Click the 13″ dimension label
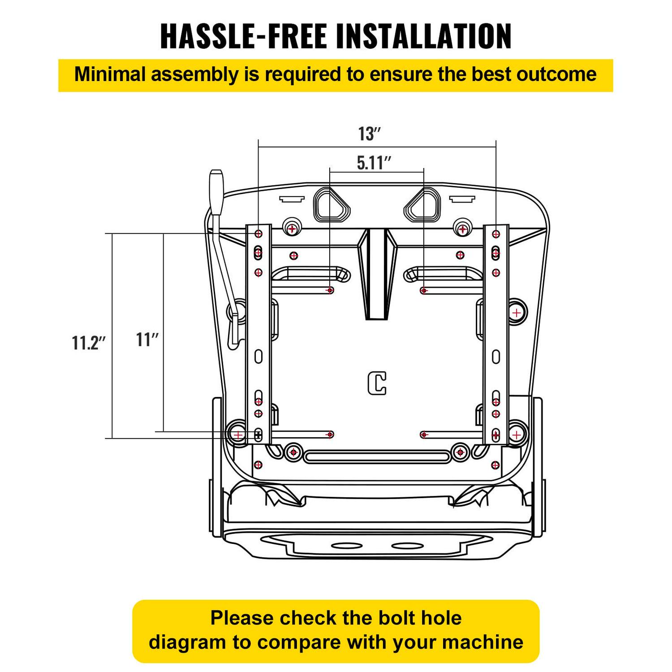click(369, 134)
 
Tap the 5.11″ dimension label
click(374, 163)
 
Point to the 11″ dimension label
click(147, 340)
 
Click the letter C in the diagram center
click(377, 383)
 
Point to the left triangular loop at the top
click(332, 205)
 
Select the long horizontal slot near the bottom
click(377, 457)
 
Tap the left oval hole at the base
click(345, 546)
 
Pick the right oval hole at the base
click(407, 546)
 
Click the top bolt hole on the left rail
click(258, 234)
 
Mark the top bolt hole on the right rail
click(496, 234)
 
